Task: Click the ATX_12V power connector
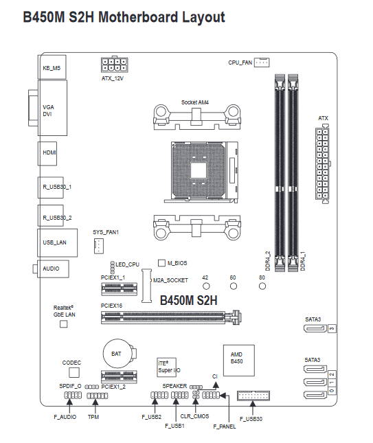[114, 65]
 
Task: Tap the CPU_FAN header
[262, 63]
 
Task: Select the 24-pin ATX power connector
[322, 165]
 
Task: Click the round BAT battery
[118, 354]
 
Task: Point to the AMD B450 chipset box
[239, 360]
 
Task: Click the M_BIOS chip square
[161, 263]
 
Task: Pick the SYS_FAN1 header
[99, 246]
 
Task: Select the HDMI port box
[47, 153]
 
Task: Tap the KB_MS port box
[52, 67]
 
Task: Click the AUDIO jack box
[53, 269]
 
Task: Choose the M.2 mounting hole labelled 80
[262, 286]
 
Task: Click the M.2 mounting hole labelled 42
[206, 286]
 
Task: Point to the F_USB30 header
[253, 396]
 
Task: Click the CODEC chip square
[74, 372]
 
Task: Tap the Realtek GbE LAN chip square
[64, 323]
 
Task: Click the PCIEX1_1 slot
[119, 288]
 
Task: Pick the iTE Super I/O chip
[167, 367]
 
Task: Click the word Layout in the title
[203, 17]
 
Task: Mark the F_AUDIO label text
[65, 417]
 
